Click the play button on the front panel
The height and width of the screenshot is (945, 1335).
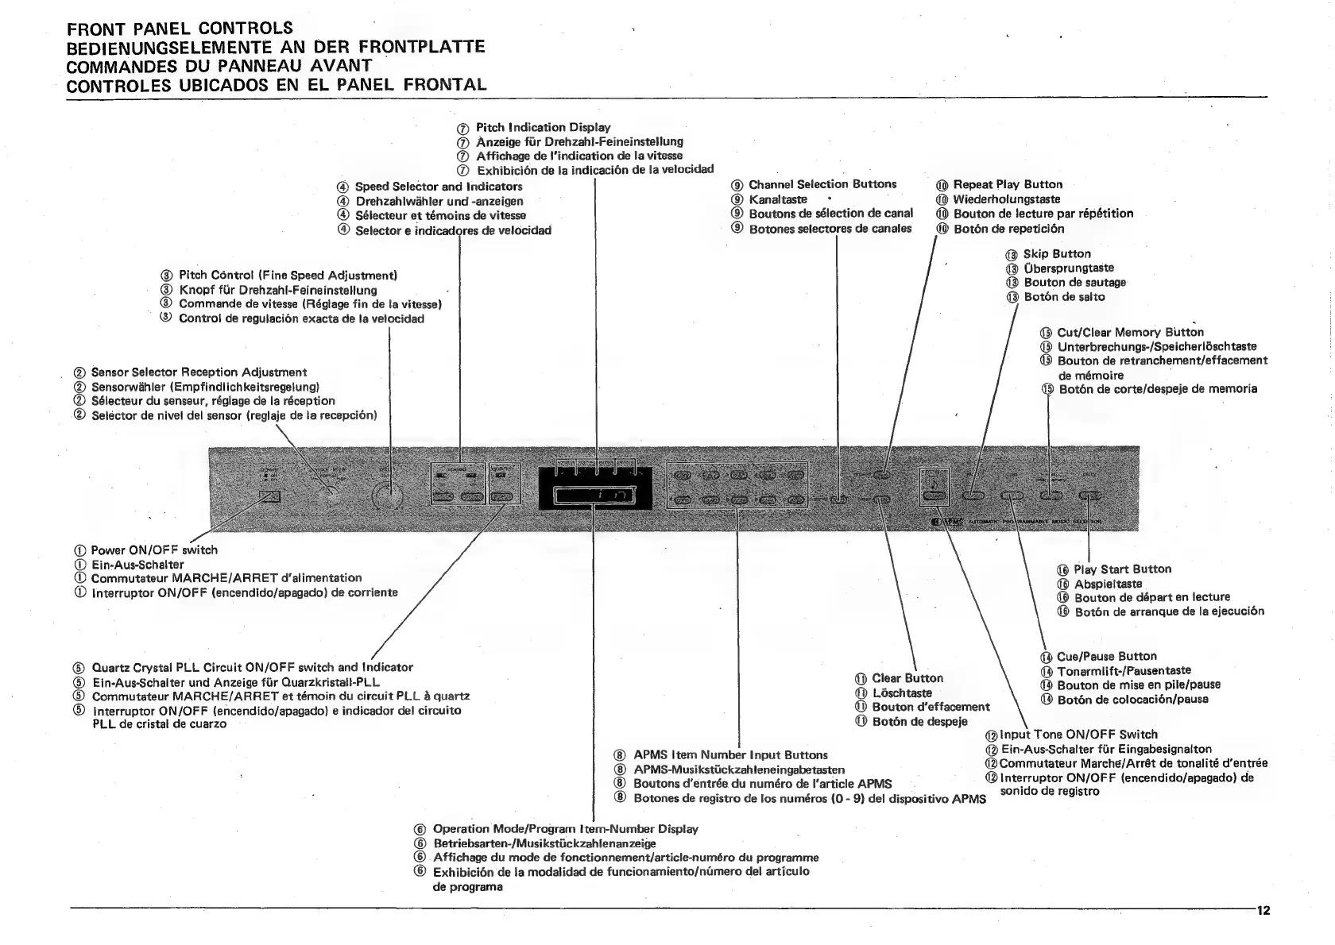click(x=1090, y=496)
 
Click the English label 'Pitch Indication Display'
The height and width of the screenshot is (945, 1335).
click(x=543, y=128)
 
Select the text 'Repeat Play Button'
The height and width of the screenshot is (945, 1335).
click(x=1007, y=185)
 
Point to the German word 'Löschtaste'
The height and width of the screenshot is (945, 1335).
click(x=902, y=693)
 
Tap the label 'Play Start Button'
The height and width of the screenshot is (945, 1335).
click(x=1122, y=569)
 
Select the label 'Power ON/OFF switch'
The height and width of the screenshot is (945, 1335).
click(x=153, y=550)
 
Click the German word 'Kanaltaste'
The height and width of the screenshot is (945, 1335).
click(x=777, y=199)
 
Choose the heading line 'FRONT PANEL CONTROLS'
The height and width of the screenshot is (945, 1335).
click(x=180, y=29)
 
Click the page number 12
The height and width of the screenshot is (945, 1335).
click(x=1263, y=911)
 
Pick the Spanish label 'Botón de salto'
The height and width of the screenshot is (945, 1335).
click(x=1064, y=297)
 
